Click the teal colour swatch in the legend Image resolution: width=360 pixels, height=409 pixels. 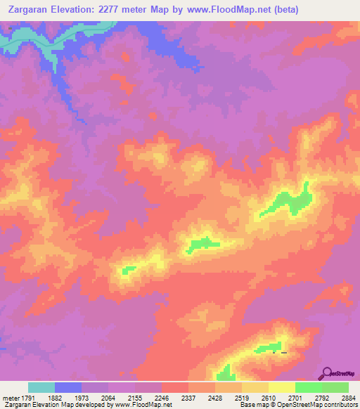click(x=41, y=387)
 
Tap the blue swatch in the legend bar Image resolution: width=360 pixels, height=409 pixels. click(x=67, y=387)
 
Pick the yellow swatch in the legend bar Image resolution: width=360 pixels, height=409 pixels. click(x=281, y=387)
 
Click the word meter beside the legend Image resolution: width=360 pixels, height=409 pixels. click(x=11, y=398)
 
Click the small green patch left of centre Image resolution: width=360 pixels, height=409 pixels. click(x=127, y=269)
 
